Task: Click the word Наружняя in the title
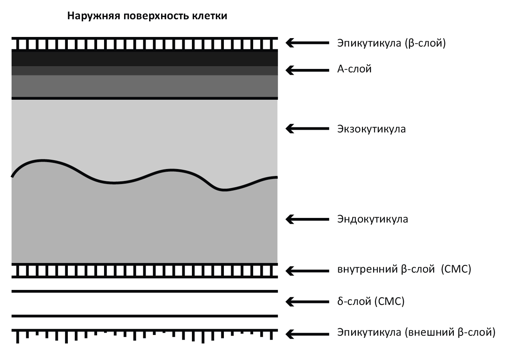(x=94, y=16)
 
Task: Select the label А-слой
(x=355, y=69)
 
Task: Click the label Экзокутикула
(x=371, y=129)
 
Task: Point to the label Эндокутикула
(x=373, y=219)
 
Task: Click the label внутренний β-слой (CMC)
(x=404, y=269)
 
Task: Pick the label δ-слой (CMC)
(x=371, y=301)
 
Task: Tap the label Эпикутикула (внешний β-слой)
(x=416, y=332)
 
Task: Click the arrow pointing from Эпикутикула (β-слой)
(x=307, y=43)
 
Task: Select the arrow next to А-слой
(x=307, y=70)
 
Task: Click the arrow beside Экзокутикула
(x=307, y=129)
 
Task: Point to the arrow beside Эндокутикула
(x=307, y=219)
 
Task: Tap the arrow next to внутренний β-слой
(x=307, y=271)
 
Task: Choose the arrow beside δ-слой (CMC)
(x=307, y=302)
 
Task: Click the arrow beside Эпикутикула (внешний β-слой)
(x=307, y=334)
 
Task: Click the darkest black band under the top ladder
(x=145, y=59)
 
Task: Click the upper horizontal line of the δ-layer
(x=145, y=291)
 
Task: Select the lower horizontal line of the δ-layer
(x=145, y=316)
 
